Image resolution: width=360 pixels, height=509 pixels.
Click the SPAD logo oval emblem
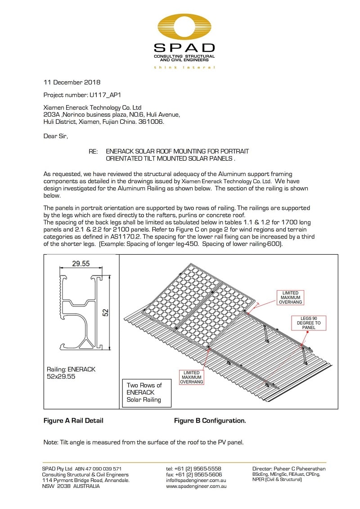184,27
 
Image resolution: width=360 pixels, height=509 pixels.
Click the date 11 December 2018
72,82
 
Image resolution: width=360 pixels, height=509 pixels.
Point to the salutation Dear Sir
55,136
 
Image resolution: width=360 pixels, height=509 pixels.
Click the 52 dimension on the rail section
106,312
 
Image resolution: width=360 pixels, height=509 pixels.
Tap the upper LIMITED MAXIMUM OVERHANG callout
290,297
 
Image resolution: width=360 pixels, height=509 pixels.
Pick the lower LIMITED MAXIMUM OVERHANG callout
192,377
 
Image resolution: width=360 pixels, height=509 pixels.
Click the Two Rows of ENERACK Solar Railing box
144,392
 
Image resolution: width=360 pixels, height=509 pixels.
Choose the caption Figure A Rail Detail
73,421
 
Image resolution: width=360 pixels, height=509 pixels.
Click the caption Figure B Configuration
210,421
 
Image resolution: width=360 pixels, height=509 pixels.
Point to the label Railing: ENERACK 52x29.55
71,373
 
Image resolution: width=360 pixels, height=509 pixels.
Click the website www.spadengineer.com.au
196,486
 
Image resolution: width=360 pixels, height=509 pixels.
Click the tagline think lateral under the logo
184,68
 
